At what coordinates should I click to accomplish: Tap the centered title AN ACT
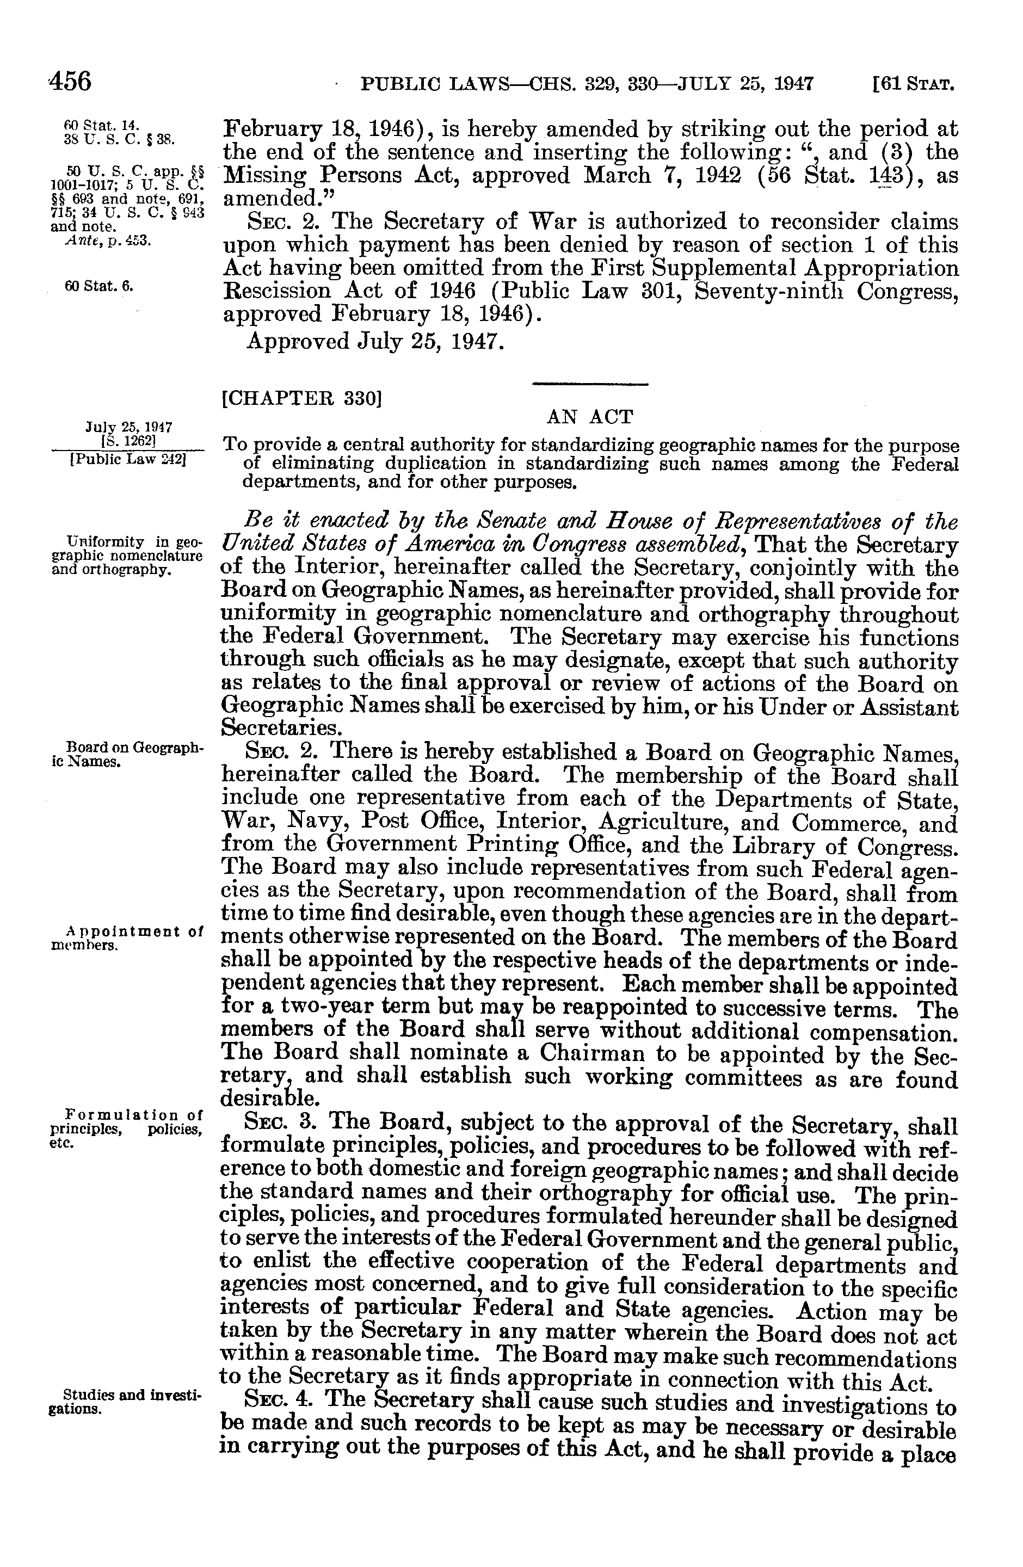coord(590,417)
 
